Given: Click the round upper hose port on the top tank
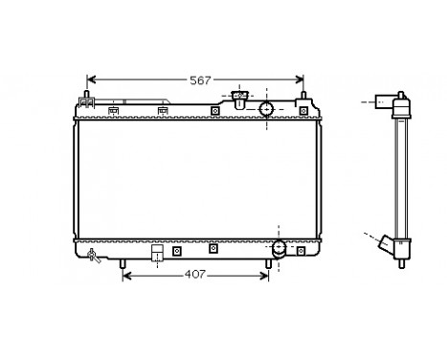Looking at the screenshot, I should (267, 108).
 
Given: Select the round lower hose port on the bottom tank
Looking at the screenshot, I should (279, 250).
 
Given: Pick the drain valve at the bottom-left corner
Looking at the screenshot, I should (94, 255).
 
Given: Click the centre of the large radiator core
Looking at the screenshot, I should (195, 178).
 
